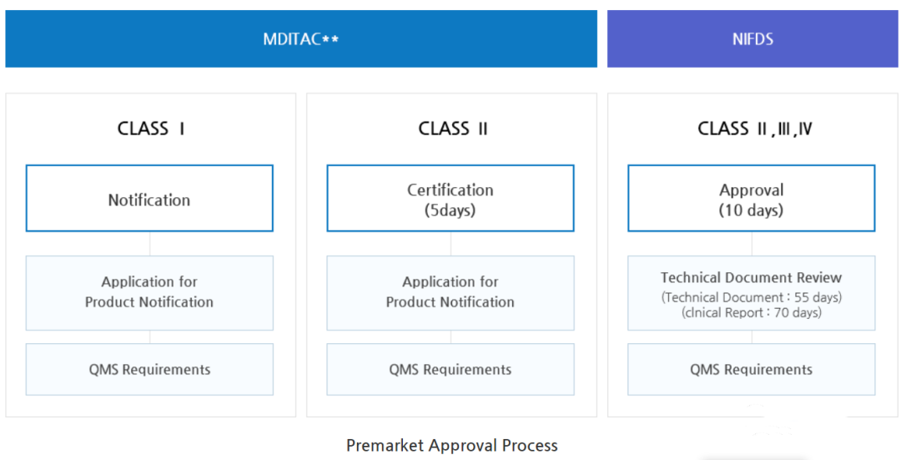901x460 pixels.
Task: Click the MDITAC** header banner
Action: coord(301,38)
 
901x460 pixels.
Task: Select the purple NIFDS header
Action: coord(753,38)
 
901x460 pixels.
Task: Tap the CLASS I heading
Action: coord(150,129)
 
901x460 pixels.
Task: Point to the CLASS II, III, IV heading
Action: coord(755,129)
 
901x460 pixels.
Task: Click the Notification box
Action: coord(149,199)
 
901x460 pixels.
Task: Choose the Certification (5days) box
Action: coord(450,199)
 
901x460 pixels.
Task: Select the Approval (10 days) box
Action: coord(752,199)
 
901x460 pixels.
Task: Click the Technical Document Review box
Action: coord(752,293)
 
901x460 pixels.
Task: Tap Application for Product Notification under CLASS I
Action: coord(149,293)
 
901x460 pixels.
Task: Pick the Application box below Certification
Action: coord(450,293)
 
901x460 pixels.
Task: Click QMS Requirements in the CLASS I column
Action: coord(149,369)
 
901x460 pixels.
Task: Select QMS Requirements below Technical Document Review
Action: coord(752,369)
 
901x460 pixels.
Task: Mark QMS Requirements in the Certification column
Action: coord(450,369)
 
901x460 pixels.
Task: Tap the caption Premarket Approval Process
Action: coord(451,445)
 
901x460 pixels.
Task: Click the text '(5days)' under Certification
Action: coord(450,210)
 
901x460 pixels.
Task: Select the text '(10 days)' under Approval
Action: coord(752,210)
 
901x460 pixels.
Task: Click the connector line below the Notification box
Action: coord(150,244)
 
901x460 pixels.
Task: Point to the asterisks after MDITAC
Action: coord(330,39)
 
